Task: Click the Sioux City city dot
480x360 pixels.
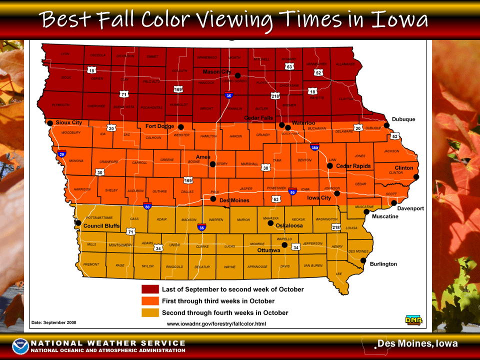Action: pos(50,123)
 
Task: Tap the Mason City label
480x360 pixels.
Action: pos(216,72)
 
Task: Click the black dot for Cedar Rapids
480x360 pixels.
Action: pos(330,166)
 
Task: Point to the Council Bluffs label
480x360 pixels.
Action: pos(100,225)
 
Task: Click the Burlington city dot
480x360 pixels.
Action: pos(363,261)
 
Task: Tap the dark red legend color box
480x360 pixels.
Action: pos(150,289)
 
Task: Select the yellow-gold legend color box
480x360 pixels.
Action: pos(150,312)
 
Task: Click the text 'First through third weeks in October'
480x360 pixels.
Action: pos(218,301)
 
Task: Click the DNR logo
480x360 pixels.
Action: pos(413,320)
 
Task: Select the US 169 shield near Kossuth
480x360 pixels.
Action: pos(178,89)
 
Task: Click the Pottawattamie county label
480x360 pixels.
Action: pos(103,218)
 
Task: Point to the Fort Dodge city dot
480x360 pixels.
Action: pos(181,127)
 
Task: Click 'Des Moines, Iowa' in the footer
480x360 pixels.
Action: pos(417,344)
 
